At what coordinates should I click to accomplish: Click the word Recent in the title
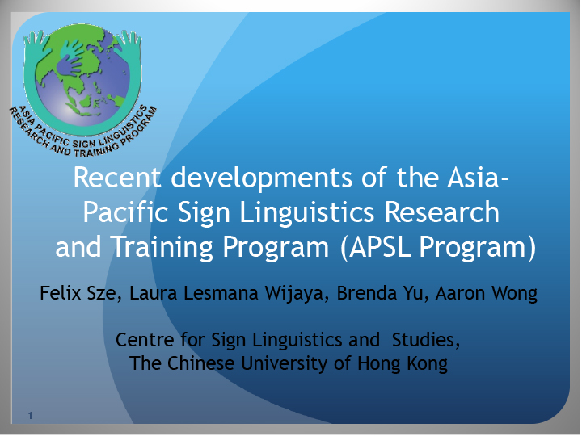(117, 177)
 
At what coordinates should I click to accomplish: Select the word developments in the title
(261, 178)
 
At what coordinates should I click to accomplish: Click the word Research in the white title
(441, 212)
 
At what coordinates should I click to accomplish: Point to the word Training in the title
(162, 248)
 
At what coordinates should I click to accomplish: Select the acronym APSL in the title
(381, 246)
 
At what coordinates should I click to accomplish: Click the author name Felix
(61, 292)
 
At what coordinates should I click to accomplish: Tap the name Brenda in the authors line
(367, 293)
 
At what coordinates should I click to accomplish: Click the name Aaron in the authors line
(460, 293)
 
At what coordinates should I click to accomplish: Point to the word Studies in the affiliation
(426, 341)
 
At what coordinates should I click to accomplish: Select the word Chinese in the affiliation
(200, 363)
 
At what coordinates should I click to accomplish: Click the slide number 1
(30, 416)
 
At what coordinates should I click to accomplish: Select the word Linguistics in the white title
(307, 213)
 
